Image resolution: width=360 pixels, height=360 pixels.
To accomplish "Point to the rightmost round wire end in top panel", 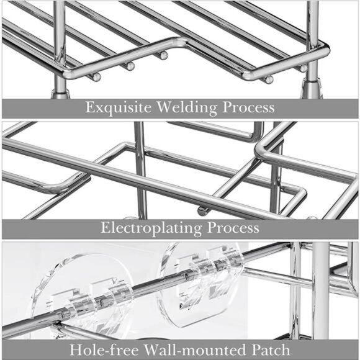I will [x=269, y=79].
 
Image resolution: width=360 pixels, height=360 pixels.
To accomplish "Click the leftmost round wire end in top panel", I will [x=96, y=77].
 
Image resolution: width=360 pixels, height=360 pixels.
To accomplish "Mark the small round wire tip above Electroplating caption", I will [x=201, y=212].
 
